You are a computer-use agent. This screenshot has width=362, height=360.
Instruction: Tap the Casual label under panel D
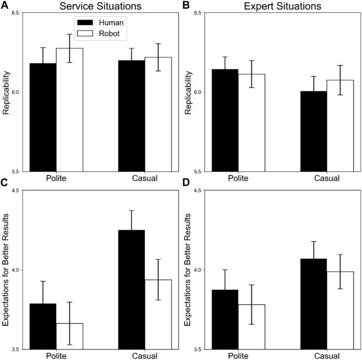(x=327, y=356)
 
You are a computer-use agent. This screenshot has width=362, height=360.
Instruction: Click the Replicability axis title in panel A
(x=7, y=92)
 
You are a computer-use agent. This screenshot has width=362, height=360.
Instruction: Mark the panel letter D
(x=186, y=183)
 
